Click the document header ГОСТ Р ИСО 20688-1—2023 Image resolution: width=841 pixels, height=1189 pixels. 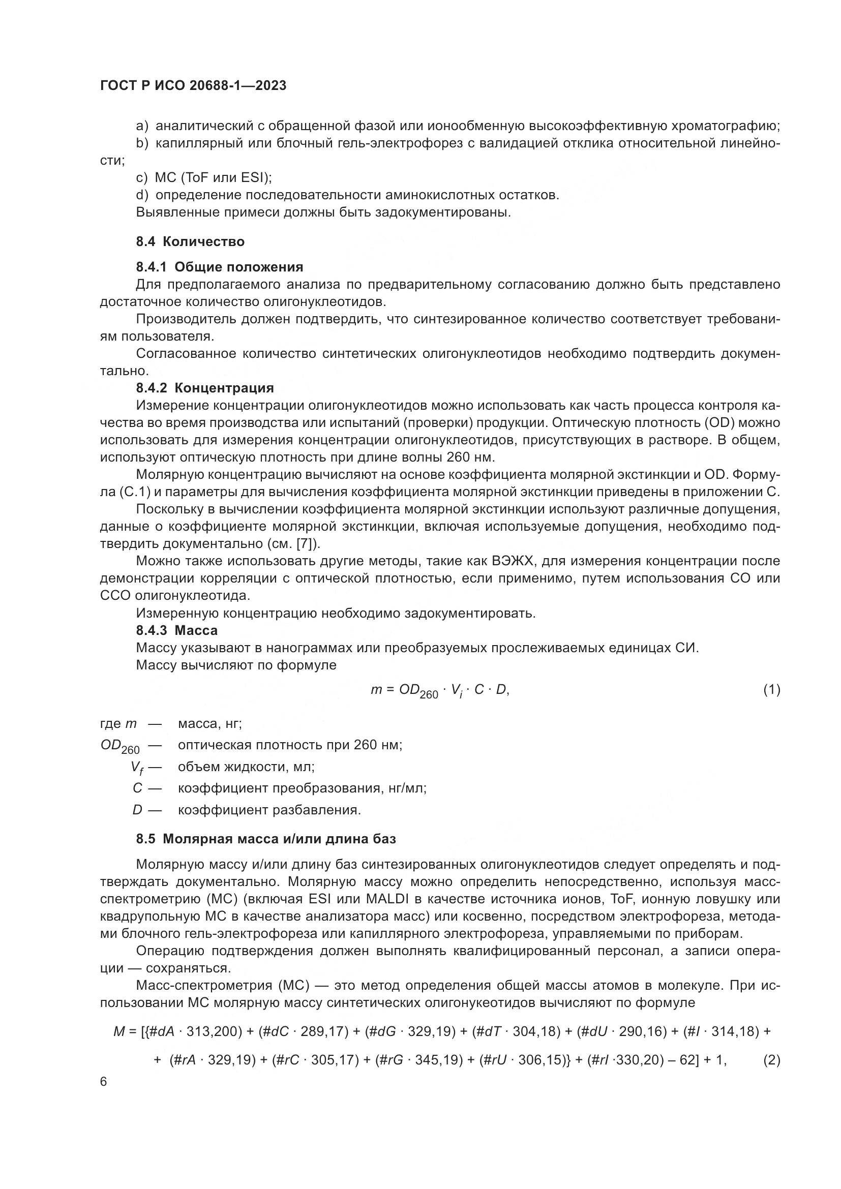coord(193,86)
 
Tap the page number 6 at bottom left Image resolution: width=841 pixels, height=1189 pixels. coord(104,1082)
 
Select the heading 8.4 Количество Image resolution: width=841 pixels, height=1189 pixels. coord(190,242)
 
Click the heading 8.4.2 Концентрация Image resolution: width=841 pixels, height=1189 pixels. coord(204,388)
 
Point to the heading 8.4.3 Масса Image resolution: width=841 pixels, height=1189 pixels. coord(176,630)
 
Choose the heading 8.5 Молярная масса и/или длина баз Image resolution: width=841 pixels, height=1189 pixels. coord(265,839)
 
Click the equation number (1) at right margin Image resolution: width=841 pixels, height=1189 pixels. coord(772,690)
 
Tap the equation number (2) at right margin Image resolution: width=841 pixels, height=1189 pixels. coord(772,1060)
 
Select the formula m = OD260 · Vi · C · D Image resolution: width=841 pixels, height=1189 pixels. coord(440,691)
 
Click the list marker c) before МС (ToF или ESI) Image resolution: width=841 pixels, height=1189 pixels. coord(141,178)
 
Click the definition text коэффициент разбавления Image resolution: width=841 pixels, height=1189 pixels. coord(269,810)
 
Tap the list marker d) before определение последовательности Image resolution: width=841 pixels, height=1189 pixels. coord(141,195)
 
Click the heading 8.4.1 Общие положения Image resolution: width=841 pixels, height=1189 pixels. coord(220,267)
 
